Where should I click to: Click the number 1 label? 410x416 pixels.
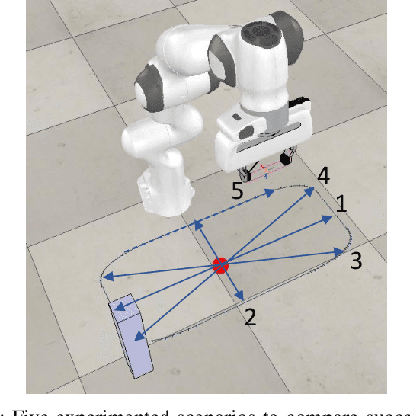point(341,203)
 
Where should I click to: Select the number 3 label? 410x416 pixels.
point(357,261)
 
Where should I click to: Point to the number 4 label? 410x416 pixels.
point(323,176)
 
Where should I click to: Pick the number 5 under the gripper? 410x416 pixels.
point(238,190)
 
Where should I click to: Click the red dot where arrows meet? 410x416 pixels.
point(219,265)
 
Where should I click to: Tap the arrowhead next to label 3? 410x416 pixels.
point(339,250)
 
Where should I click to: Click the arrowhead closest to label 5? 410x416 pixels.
point(271,194)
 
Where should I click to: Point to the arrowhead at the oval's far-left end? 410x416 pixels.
point(107,277)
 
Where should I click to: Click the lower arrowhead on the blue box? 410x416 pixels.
point(138,334)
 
